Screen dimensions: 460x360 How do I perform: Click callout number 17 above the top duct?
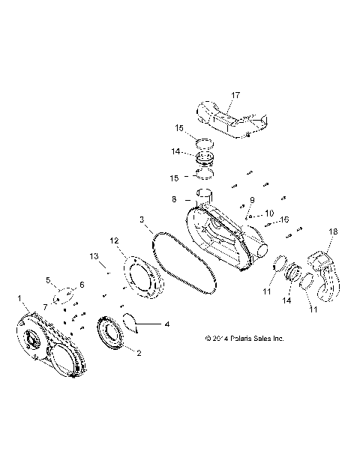click(x=214, y=95)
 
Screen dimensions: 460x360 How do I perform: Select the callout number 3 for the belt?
click(x=142, y=220)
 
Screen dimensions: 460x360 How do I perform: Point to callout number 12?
click(x=115, y=241)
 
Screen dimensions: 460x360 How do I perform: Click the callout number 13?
click(x=94, y=256)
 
